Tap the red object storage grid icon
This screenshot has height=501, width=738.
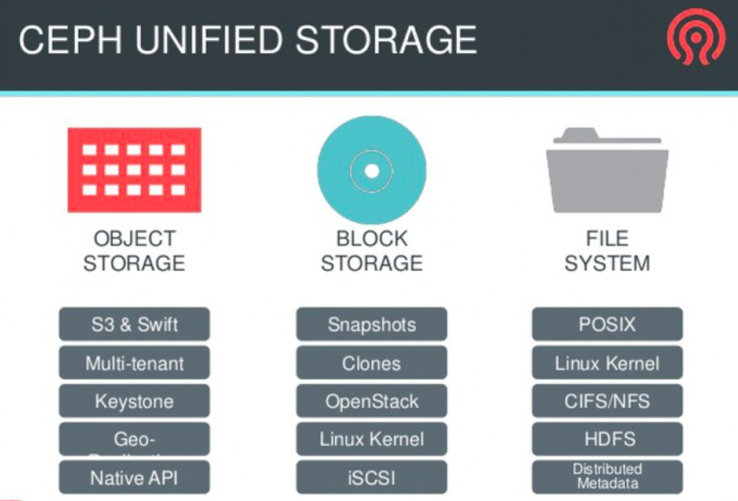click(x=134, y=170)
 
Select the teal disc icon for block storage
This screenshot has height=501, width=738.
click(x=371, y=170)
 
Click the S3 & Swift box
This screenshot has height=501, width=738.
click(x=134, y=325)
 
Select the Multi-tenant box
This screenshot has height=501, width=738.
click(x=134, y=363)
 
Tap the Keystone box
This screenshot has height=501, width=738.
click(x=134, y=401)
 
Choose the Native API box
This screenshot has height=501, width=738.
click(x=134, y=478)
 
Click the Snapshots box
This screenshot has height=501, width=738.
click(x=371, y=325)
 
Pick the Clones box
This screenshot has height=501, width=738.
click(x=371, y=363)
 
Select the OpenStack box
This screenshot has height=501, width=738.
click(x=371, y=401)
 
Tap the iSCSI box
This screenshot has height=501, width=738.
click(x=371, y=478)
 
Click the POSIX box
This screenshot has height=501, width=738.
click(x=607, y=325)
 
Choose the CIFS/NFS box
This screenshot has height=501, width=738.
click(x=607, y=401)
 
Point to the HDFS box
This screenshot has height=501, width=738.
click(x=607, y=439)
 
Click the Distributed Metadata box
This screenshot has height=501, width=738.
click(x=607, y=476)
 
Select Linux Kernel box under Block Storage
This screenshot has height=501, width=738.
click(x=371, y=439)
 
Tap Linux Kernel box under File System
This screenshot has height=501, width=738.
click(x=607, y=363)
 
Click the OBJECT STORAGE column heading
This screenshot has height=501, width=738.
click(x=134, y=250)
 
